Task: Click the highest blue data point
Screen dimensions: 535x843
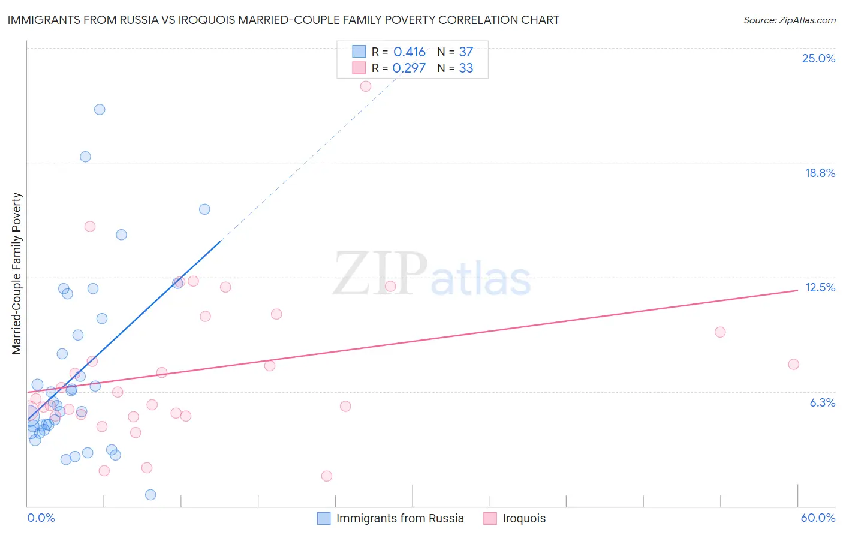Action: pos(100,109)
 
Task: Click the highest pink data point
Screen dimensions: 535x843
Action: pos(366,86)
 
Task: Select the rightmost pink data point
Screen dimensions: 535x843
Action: pos(793,364)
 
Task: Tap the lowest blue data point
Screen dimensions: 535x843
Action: pos(150,494)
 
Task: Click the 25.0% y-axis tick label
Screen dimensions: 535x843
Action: pos(818,58)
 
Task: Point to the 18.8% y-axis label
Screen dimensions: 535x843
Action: pos(820,173)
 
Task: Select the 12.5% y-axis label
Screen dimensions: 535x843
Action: pos(820,287)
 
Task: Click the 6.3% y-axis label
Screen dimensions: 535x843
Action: pos(822,402)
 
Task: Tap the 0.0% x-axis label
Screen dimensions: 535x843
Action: pos(41,518)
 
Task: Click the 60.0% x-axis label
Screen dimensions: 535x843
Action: pos(818,518)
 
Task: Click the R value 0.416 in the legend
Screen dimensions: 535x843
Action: pos(410,52)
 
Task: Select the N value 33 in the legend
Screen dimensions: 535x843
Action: pos(466,68)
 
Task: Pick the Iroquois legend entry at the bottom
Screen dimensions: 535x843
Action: pos(523,518)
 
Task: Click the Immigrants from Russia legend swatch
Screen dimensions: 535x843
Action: pos(324,518)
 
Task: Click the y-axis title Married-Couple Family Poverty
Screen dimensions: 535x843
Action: pos(17,273)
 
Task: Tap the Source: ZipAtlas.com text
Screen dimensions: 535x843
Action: pos(789,20)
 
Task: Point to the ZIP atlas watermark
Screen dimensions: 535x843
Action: pos(432,274)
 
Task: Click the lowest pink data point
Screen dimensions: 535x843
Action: pos(327,476)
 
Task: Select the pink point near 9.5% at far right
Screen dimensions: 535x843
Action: pos(720,332)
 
